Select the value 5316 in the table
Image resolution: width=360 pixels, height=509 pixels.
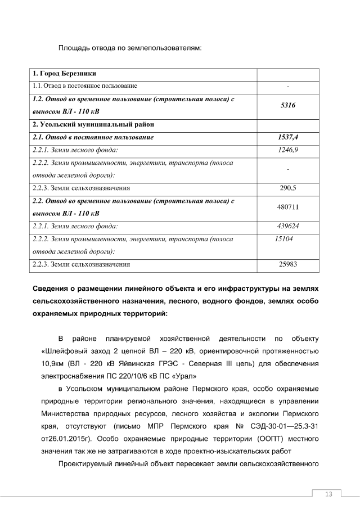click(x=287, y=105)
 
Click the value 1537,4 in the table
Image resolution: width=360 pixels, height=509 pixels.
click(x=287, y=137)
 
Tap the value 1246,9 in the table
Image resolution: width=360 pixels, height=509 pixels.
click(x=287, y=150)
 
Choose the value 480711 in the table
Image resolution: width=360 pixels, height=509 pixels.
click(x=287, y=207)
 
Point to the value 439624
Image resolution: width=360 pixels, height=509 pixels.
click(x=287, y=226)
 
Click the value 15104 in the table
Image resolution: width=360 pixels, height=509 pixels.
click(x=283, y=239)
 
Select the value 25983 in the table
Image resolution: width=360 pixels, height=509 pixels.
click(x=287, y=263)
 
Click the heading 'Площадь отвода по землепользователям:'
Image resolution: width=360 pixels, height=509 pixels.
click(x=129, y=49)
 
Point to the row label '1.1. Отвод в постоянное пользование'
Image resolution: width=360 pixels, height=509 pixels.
click(x=85, y=85)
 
